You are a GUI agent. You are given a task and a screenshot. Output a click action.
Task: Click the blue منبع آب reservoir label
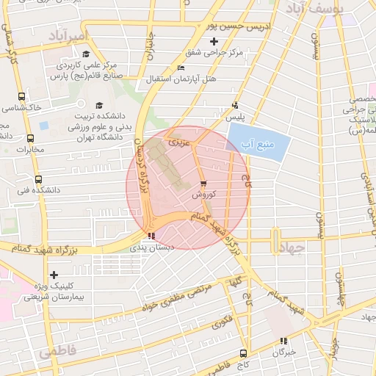tap(257, 143)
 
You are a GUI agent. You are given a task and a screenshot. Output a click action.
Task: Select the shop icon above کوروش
tap(203, 184)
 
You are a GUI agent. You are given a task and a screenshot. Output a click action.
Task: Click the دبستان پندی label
tap(154, 247)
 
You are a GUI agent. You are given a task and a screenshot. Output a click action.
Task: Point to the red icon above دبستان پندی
tap(151, 236)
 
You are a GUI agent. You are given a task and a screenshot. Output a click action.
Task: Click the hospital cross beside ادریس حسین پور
tap(214, 42)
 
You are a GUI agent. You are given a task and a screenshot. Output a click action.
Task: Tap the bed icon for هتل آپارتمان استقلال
tap(181, 68)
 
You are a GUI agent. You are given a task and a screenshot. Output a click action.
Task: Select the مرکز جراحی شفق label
tap(236, 53)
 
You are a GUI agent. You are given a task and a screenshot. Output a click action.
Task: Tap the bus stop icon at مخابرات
tap(30, 138)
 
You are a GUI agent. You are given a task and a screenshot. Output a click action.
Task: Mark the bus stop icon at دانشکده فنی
tap(38, 178)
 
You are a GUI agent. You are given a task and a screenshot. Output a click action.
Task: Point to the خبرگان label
tap(283, 352)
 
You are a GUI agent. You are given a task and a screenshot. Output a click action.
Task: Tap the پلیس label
tap(236, 116)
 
